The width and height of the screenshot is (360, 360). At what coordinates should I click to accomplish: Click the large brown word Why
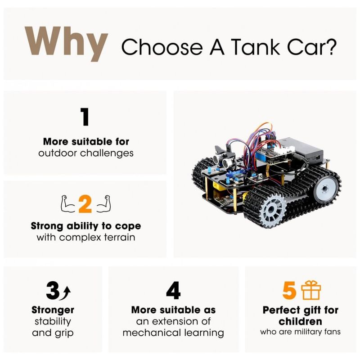click(66, 44)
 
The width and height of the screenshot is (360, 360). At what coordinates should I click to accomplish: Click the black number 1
click(85, 117)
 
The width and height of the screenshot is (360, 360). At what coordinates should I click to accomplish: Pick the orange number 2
click(85, 204)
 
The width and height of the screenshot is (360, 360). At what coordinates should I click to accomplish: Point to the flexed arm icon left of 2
click(68, 204)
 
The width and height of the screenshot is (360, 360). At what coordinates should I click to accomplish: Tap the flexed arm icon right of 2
click(103, 204)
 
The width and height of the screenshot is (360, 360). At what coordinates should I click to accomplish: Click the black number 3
click(53, 290)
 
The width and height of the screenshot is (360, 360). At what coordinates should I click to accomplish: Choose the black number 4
click(173, 290)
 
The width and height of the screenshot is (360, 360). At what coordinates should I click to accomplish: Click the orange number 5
click(289, 290)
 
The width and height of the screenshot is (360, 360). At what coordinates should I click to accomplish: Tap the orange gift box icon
click(311, 290)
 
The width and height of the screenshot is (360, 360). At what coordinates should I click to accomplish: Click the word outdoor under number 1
click(58, 153)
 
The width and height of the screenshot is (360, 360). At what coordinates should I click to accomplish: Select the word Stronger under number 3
click(53, 310)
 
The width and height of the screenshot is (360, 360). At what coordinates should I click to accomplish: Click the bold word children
click(300, 321)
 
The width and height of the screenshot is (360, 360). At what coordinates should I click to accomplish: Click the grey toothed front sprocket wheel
click(272, 210)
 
